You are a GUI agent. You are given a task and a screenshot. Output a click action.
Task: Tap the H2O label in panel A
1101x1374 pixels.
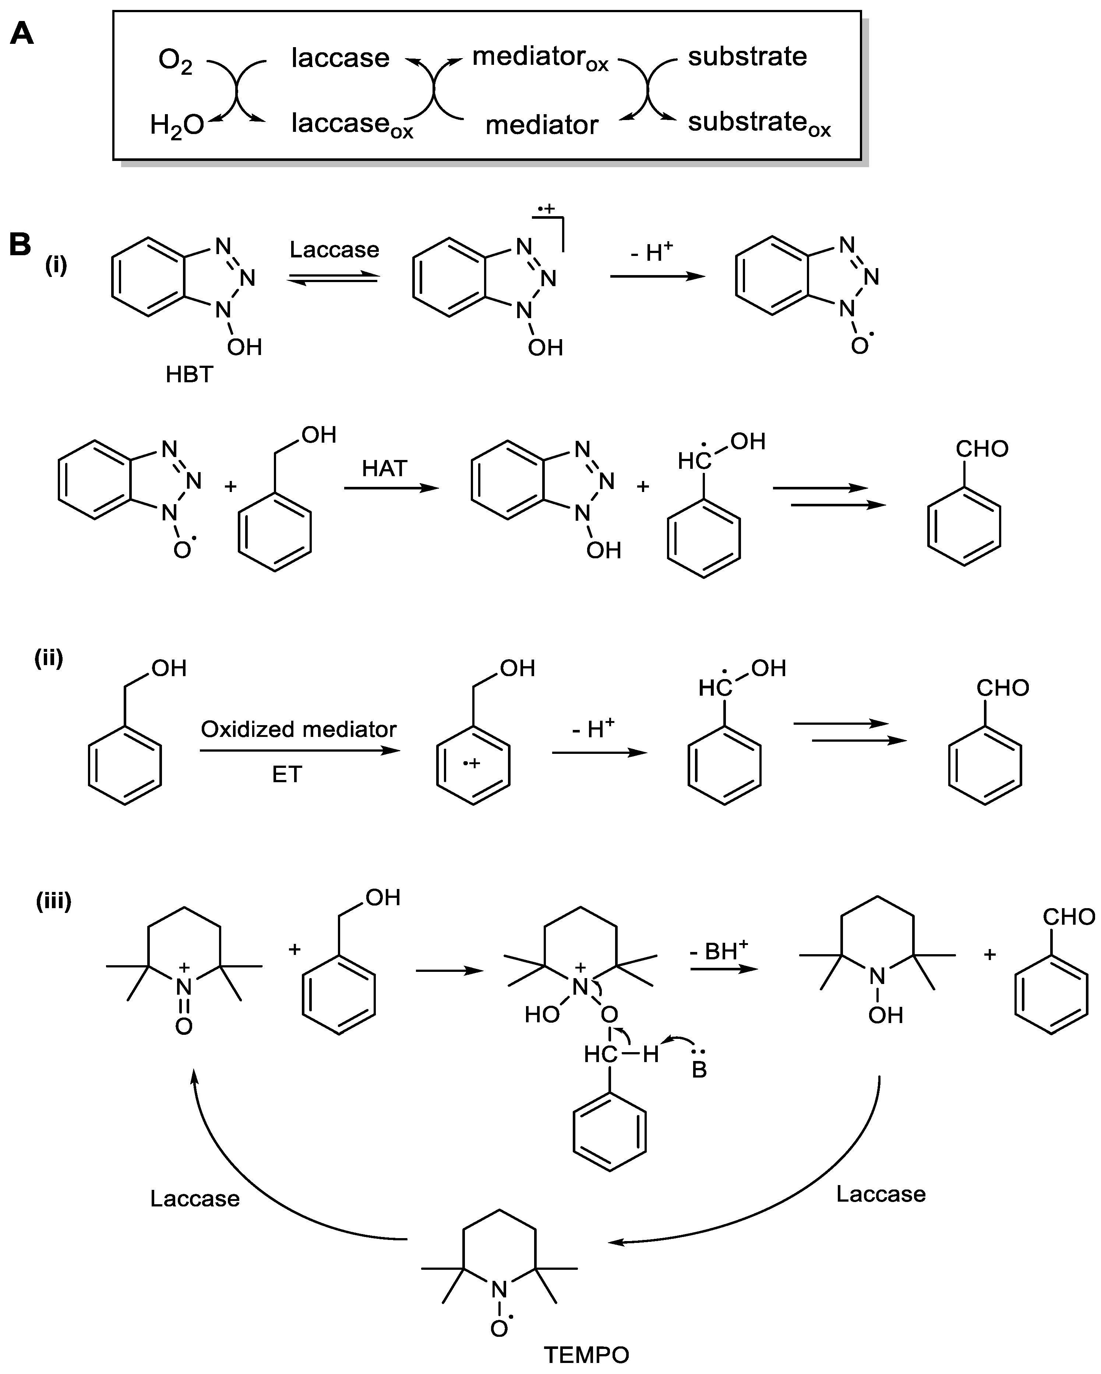[x=176, y=125]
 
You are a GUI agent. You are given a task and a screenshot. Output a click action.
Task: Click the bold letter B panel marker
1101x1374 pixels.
[x=20, y=245]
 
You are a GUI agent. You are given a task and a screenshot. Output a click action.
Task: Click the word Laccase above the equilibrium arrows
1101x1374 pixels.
[x=334, y=250]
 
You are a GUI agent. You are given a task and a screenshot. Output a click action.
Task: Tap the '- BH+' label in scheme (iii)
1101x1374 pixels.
[x=718, y=952]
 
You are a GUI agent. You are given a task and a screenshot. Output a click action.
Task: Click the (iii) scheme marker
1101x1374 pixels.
[x=53, y=901]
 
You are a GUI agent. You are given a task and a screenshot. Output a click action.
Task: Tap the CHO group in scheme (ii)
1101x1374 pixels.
[x=1002, y=688]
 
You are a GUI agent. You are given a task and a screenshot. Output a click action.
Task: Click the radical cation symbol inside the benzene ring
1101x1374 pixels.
[x=471, y=763]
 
